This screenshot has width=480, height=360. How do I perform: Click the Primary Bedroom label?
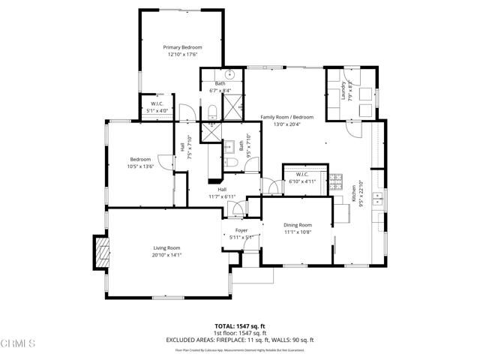(x=183, y=47)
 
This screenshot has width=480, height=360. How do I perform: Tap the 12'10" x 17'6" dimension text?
(x=183, y=55)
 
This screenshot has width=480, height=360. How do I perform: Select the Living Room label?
(x=167, y=247)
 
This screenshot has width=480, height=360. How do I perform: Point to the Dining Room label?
(x=297, y=225)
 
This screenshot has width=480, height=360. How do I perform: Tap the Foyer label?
(x=241, y=231)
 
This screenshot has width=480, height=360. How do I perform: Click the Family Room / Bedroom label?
(x=286, y=117)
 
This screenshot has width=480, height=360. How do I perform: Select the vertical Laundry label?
(x=343, y=91)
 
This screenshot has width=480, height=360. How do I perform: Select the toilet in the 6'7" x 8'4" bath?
(x=213, y=112)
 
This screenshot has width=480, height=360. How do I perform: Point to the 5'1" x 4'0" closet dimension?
(x=157, y=110)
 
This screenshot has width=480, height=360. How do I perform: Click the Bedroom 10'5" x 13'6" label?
(x=141, y=159)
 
